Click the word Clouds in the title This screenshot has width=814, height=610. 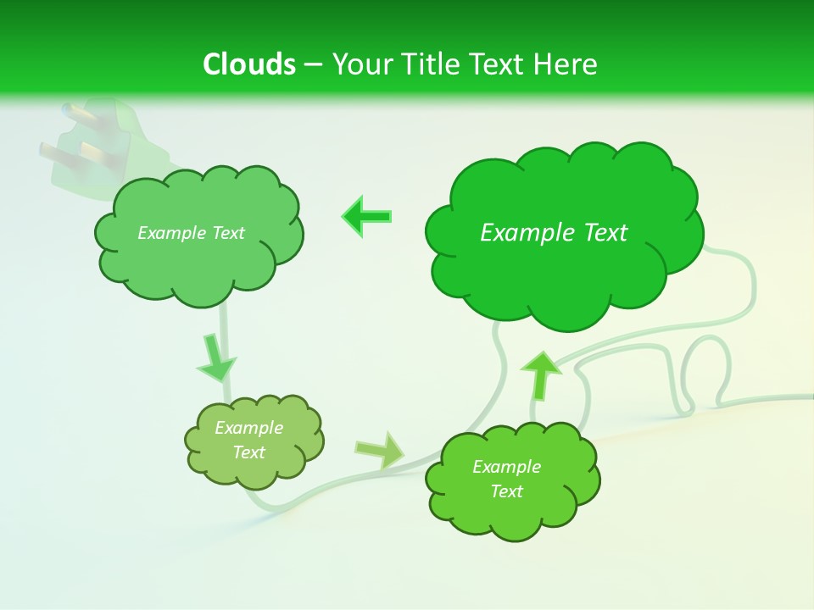(249, 64)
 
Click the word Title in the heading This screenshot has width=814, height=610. (431, 64)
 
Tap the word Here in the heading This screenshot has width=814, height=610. (566, 64)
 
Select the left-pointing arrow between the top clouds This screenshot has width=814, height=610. (366, 216)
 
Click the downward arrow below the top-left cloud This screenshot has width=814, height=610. (216, 358)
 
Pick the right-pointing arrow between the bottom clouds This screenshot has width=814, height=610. (381, 450)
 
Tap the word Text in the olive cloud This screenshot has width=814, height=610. (249, 452)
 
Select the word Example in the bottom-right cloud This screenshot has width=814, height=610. (506, 467)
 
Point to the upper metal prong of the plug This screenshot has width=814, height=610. (78, 114)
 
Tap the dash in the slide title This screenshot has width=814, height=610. (313, 65)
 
